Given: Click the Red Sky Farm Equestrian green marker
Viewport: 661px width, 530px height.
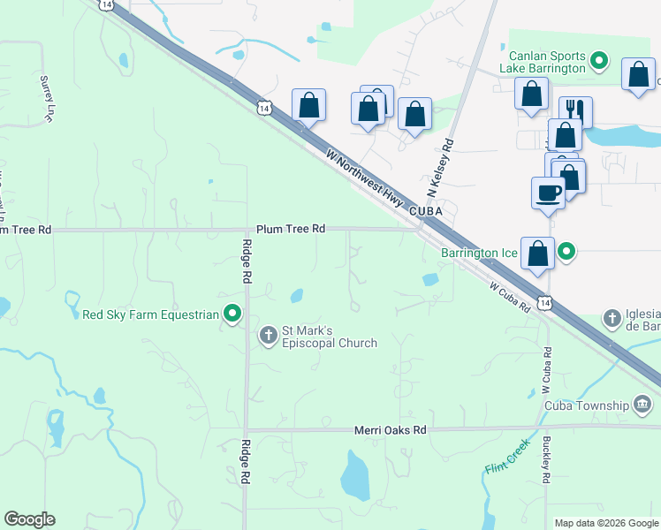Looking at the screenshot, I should point(232,314).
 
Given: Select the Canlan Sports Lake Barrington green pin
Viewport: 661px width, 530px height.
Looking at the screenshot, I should point(599,61).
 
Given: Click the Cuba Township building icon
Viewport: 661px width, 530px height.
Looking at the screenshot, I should point(643,405).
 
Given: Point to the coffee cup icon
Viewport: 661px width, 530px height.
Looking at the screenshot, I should point(548,193).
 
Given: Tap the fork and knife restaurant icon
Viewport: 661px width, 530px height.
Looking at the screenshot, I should point(575,110).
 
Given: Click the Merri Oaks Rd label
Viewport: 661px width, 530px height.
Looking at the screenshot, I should point(390,430).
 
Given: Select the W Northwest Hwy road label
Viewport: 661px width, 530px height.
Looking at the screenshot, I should point(364,178).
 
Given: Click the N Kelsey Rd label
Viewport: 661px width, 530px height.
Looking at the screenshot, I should point(440,168).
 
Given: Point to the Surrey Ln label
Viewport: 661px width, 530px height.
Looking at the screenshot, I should point(47,97).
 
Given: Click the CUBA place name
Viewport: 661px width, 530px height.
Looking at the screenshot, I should point(425,212).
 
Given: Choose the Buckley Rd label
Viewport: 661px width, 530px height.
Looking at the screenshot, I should point(548,463).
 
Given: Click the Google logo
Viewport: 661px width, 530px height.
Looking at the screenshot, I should point(29,519).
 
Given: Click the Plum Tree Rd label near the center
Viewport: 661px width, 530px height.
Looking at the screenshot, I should point(291,229).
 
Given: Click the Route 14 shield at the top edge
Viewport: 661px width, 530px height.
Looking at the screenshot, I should point(106,4).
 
